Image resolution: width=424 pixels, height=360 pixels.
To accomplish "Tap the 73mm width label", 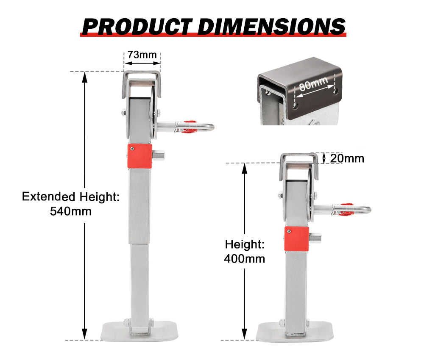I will (142, 55).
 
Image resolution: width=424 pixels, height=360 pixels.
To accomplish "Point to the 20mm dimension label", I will (347, 158).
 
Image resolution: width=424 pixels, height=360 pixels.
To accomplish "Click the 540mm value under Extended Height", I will (70, 210).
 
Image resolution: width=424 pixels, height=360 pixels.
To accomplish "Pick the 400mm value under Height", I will (244, 258).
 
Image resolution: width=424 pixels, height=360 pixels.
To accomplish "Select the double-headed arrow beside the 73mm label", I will (142, 64).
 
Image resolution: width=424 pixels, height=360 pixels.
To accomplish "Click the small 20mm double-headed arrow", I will (324, 158).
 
